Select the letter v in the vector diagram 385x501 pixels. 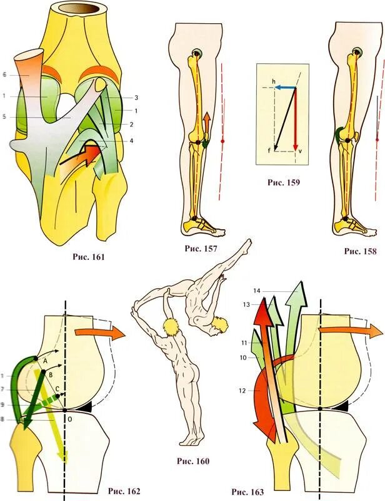pos(301,151)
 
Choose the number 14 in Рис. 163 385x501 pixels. pos(258,291)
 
